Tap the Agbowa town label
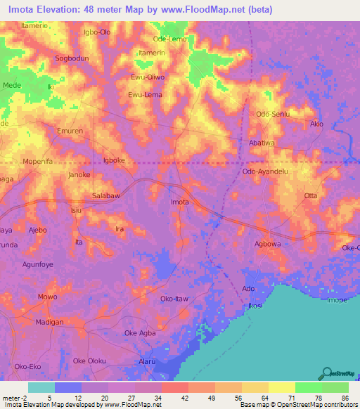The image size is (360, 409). [268, 245]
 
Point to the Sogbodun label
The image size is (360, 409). [72, 59]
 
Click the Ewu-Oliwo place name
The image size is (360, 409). [148, 78]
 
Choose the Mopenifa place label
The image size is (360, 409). [39, 161]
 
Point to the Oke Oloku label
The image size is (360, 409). [90, 361]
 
